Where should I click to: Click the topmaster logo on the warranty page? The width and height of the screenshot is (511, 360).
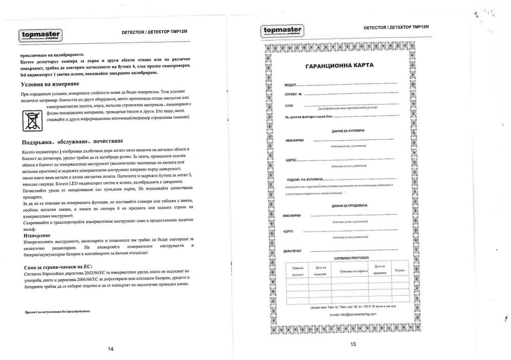point(283,31)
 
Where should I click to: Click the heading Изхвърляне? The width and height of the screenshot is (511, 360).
point(36,235)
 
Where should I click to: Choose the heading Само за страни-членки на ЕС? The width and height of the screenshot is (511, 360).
point(58,268)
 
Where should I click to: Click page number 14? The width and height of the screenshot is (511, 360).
point(111,349)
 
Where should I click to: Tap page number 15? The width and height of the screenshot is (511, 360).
point(353,344)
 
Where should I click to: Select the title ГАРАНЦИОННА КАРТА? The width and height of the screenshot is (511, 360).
point(340,66)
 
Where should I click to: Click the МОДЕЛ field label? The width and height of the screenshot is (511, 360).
point(290,84)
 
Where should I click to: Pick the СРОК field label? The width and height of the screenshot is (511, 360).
point(289,105)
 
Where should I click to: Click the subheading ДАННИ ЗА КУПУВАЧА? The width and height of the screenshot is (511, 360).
point(348,131)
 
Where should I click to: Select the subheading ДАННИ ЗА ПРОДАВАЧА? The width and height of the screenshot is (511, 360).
point(348,206)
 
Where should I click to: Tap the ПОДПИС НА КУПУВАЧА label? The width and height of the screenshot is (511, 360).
point(305,179)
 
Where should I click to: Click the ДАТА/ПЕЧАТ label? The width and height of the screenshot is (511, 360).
point(293,250)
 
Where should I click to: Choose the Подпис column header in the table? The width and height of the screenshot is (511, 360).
point(399,270)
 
